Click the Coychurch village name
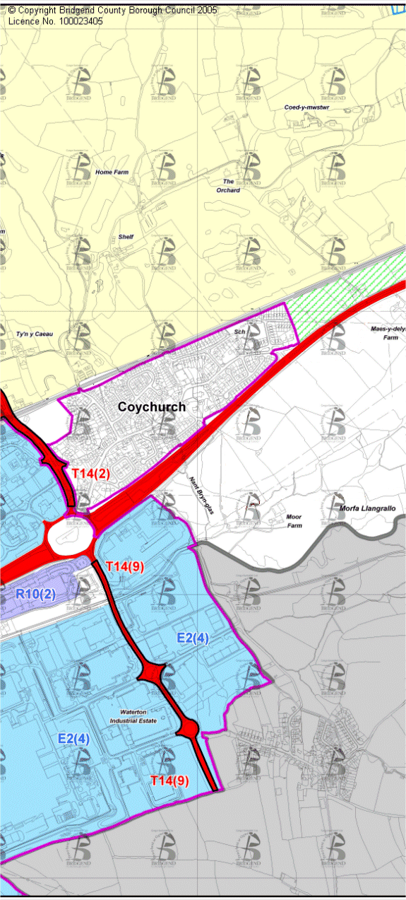(152, 407)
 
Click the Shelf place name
(126, 238)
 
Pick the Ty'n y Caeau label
(34, 333)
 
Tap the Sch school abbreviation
(239, 331)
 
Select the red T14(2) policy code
(90, 474)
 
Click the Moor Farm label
(294, 522)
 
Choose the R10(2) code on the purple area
(35, 593)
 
